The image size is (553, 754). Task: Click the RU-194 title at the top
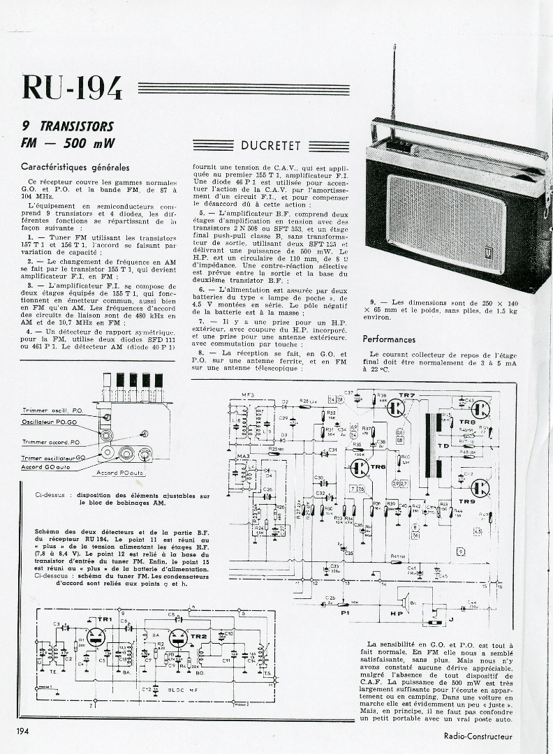(x=72, y=87)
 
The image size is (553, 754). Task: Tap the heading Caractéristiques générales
(x=75, y=168)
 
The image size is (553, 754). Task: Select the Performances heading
(x=389, y=339)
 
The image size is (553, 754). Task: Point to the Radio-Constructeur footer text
(x=478, y=735)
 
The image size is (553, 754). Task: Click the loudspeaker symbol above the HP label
(x=404, y=598)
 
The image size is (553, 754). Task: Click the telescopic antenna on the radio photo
(x=393, y=91)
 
